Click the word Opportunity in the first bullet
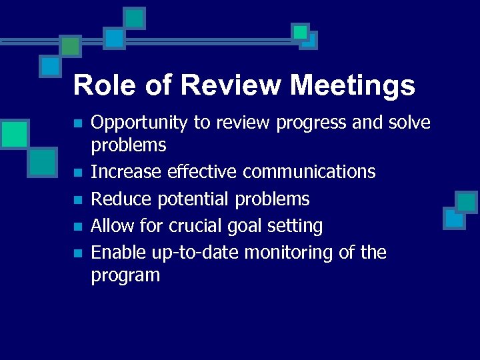pos(139,123)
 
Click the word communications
pos(309,172)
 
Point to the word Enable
pos(116,253)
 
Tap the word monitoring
pos(289,253)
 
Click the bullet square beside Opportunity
pos(78,124)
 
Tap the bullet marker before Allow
pos(78,227)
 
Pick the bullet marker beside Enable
pos(78,253)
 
